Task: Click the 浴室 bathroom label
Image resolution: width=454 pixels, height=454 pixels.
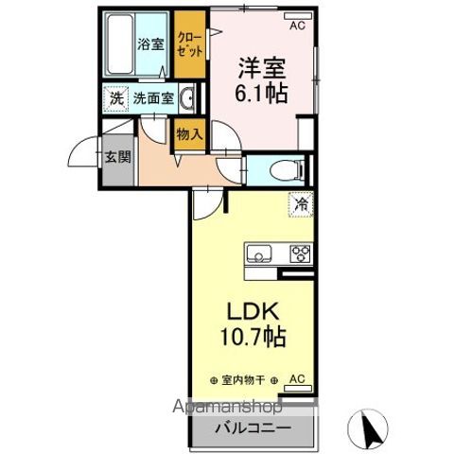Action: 149,44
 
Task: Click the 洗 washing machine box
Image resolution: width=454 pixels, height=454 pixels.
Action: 115,96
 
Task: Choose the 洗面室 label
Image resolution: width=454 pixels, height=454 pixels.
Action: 151,96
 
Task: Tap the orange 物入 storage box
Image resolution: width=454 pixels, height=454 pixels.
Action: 188,134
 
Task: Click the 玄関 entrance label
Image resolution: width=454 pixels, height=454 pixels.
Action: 117,157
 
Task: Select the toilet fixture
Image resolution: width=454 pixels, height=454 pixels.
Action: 283,170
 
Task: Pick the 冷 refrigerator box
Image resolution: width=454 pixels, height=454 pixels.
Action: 302,202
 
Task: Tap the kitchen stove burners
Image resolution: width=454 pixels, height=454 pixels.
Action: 301,253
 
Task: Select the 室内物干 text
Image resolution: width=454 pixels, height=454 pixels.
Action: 240,379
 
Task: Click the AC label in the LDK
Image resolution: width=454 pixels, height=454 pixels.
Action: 296,378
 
